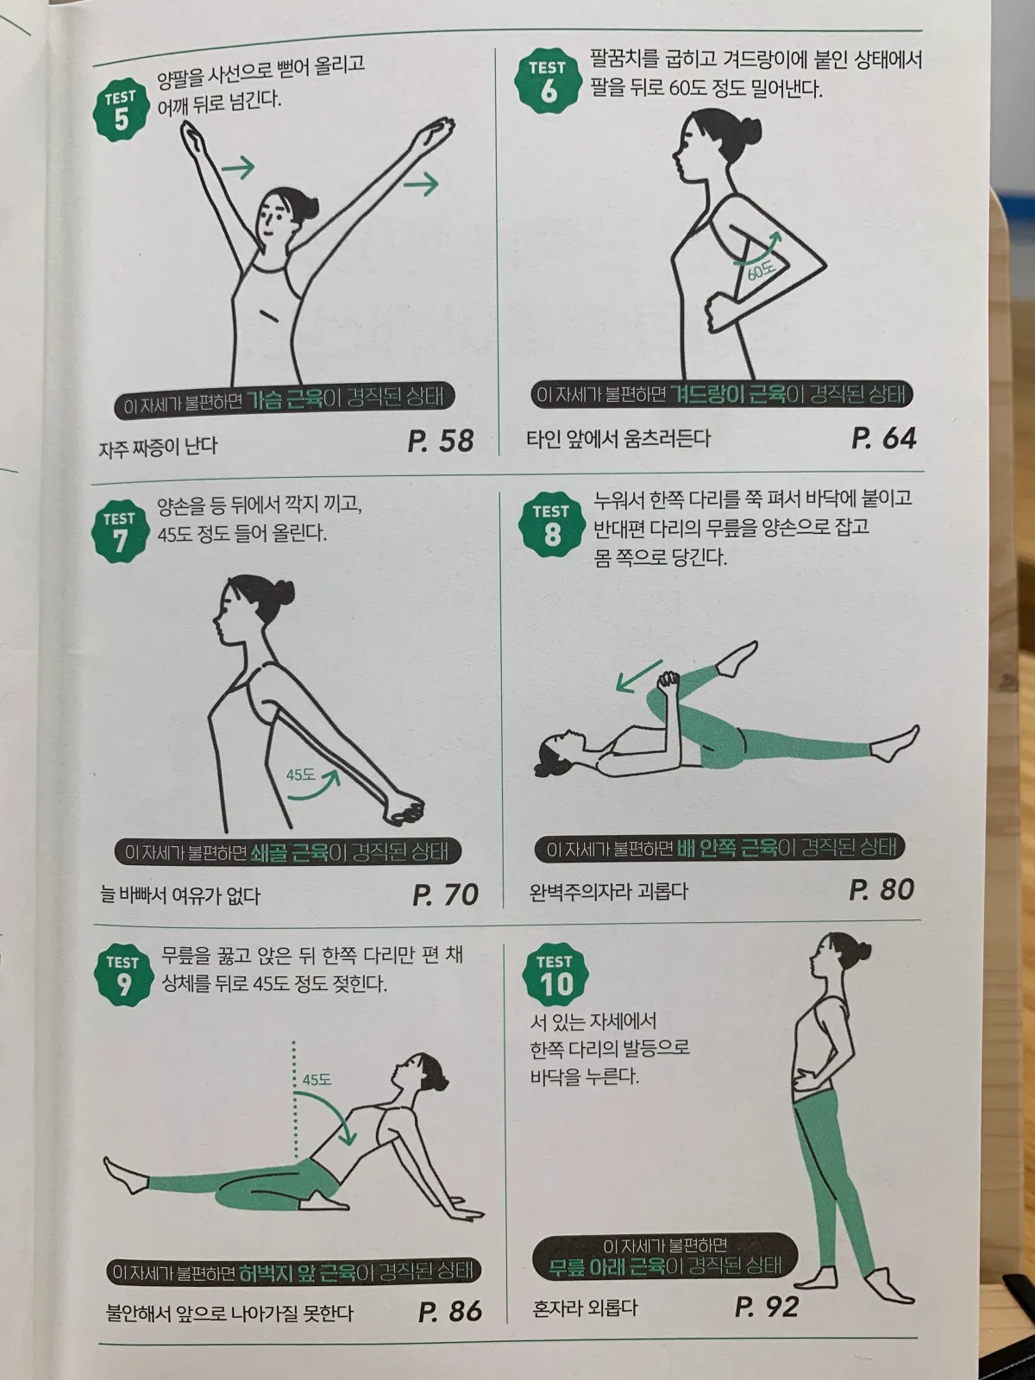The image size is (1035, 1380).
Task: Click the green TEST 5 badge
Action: coord(121,111)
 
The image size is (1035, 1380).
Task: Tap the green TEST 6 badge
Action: coord(548,82)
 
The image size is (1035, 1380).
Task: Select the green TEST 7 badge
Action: coord(120,532)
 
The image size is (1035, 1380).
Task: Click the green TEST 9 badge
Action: coord(123,975)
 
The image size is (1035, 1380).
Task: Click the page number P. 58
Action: coord(440,441)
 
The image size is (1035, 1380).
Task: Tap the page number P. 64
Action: coord(883,438)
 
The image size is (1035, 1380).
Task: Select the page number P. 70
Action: coord(445,894)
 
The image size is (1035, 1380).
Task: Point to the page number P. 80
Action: coord(881,889)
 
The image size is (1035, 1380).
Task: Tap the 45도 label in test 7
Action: coord(300,775)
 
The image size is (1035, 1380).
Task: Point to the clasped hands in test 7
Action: coord(403,809)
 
